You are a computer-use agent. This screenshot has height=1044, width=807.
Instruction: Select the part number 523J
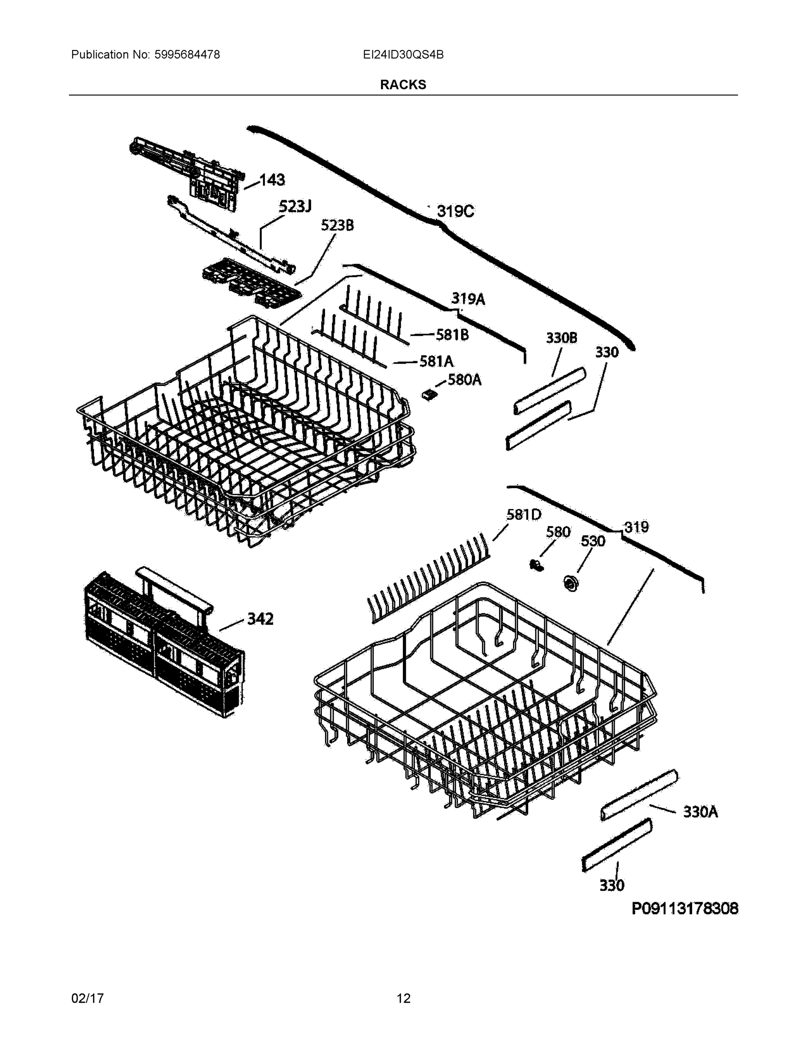(295, 207)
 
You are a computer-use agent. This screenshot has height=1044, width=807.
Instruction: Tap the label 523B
(337, 225)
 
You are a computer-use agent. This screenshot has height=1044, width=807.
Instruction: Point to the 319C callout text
(455, 211)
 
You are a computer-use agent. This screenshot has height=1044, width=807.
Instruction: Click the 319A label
(468, 299)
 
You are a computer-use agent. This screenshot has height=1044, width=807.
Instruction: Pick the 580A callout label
(464, 380)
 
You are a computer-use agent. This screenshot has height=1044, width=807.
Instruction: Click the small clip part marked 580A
(430, 395)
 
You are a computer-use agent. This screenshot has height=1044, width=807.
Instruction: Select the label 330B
(561, 338)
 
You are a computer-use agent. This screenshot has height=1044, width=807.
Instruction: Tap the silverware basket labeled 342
(163, 646)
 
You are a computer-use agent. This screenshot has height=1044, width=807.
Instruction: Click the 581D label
(523, 515)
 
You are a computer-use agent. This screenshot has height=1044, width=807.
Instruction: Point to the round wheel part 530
(569, 583)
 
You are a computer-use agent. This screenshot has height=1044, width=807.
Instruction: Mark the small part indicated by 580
(536, 565)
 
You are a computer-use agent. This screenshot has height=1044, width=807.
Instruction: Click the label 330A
(700, 812)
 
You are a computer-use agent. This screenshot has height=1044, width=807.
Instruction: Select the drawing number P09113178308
(685, 908)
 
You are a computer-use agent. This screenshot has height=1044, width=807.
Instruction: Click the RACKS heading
(402, 85)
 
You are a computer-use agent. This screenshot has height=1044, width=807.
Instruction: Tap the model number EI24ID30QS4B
(403, 55)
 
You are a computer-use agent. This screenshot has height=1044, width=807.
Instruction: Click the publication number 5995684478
(187, 55)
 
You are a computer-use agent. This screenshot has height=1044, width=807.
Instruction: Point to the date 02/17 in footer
(87, 998)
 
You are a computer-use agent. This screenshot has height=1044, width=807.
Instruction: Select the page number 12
(404, 998)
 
